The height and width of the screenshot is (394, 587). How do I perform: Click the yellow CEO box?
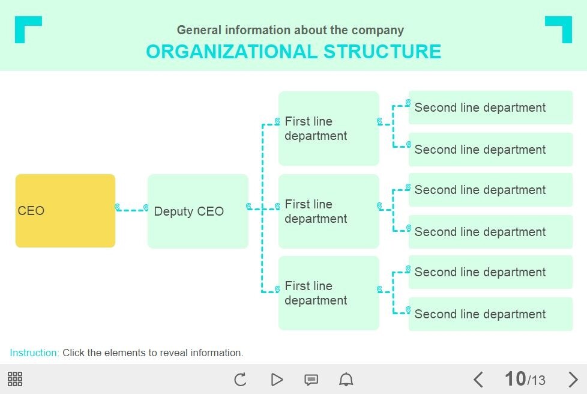pos(65,211)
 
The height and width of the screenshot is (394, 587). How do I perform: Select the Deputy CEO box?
pos(197,211)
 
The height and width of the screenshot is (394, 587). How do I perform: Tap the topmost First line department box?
pos(328,129)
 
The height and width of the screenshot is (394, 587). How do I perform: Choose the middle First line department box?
pos(328,211)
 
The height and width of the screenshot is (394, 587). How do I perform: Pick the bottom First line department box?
pos(328,293)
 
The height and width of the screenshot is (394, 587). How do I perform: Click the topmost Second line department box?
pos(490,108)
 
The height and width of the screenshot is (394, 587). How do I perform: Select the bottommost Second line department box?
pos(490,314)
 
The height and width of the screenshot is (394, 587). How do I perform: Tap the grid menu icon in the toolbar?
pos(15,379)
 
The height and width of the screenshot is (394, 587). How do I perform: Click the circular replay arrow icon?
pos(240,380)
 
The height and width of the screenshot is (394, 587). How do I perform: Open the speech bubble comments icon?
pos(311,380)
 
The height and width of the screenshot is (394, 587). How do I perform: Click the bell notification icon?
pos(346,380)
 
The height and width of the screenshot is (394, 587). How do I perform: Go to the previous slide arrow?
pos(478,380)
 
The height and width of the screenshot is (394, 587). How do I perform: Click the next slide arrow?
pos(573,380)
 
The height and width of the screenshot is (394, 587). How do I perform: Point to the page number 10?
pos(515,379)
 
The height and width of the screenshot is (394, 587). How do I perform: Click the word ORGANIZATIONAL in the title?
pos(232,52)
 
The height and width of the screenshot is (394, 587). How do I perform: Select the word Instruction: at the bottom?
pos(34,353)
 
